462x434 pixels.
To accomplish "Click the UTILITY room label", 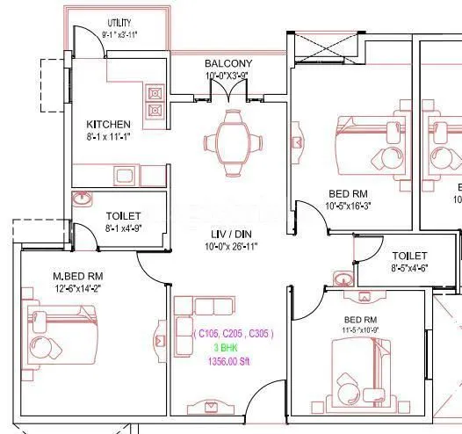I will (x=120, y=22).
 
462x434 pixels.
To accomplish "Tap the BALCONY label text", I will (x=228, y=63).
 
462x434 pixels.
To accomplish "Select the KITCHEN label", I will (x=109, y=124).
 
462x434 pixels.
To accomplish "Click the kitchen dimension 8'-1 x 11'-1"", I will (x=109, y=137).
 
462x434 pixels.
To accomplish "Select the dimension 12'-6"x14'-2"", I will (x=78, y=288).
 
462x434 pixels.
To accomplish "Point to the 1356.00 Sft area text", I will (x=233, y=362).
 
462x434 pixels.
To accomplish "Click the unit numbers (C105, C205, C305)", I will (x=233, y=334).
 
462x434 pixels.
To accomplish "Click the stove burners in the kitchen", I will (x=156, y=101).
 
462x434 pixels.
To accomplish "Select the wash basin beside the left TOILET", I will (x=82, y=198).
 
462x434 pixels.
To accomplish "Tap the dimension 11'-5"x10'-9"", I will (x=360, y=330).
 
